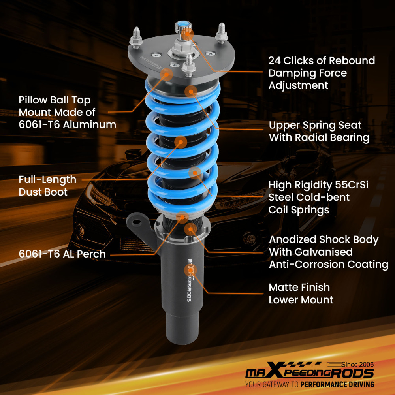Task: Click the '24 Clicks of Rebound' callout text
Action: tap(322, 61)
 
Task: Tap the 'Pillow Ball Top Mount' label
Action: tap(55, 100)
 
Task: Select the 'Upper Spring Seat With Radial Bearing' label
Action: tap(319, 131)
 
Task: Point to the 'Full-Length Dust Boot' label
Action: tap(47, 186)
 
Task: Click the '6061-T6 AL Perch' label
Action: tap(62, 254)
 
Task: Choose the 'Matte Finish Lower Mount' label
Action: tap(301, 293)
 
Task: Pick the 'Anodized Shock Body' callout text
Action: tap(324, 240)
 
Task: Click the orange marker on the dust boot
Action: tap(180, 142)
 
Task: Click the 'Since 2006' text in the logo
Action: tap(358, 364)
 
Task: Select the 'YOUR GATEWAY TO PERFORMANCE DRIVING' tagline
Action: tap(309, 384)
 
